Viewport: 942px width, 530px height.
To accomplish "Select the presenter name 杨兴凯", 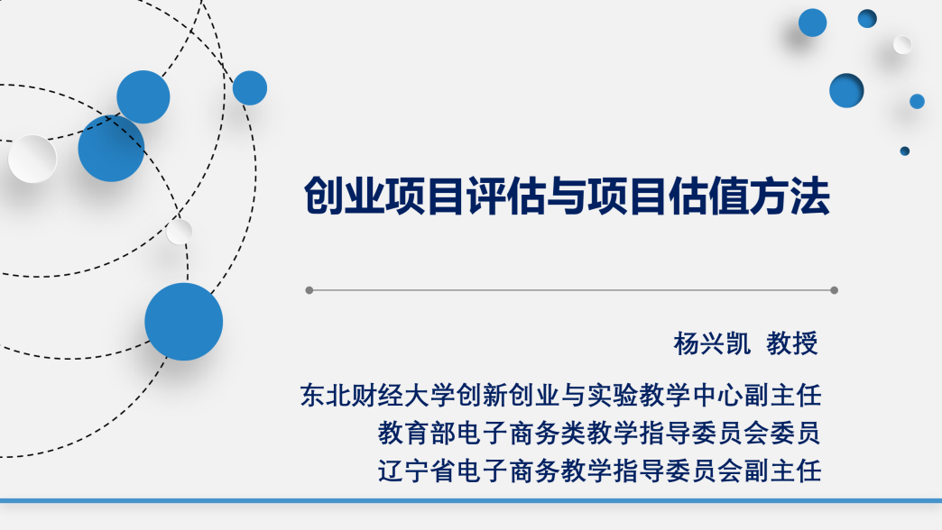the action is tap(712, 344).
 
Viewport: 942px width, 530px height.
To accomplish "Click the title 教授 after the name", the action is tap(792, 344).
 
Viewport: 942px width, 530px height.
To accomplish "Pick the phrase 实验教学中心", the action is tap(665, 396).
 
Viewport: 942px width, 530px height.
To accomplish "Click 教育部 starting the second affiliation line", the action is tap(416, 433).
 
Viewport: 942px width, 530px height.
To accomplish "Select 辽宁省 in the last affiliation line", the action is tap(416, 471).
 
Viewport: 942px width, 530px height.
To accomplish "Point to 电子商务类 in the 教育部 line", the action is tap(521, 433).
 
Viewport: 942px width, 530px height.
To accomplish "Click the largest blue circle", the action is tap(184, 322).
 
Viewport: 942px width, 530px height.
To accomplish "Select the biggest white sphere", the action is tap(32, 159).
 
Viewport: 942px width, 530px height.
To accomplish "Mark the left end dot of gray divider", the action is tap(309, 290).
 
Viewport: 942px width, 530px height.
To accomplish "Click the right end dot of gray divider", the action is tap(834, 290).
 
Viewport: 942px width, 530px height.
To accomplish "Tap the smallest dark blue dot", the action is tap(905, 151).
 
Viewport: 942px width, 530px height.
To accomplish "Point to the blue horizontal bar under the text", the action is tap(471, 500).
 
